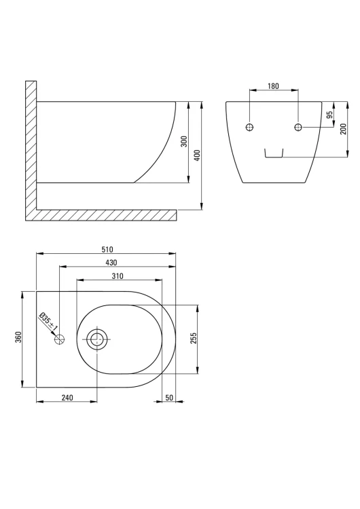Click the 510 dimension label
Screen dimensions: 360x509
point(107,249)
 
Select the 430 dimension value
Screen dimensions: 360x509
point(111,262)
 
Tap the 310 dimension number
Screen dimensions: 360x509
point(118,276)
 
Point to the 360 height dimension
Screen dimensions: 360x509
point(18,337)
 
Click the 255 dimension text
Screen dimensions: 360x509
point(194,338)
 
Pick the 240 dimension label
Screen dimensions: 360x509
point(67,397)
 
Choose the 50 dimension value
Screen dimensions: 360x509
point(169,398)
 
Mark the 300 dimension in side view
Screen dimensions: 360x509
point(184,142)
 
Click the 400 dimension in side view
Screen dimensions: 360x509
point(197,155)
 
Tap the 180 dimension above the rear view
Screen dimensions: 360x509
point(273,86)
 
